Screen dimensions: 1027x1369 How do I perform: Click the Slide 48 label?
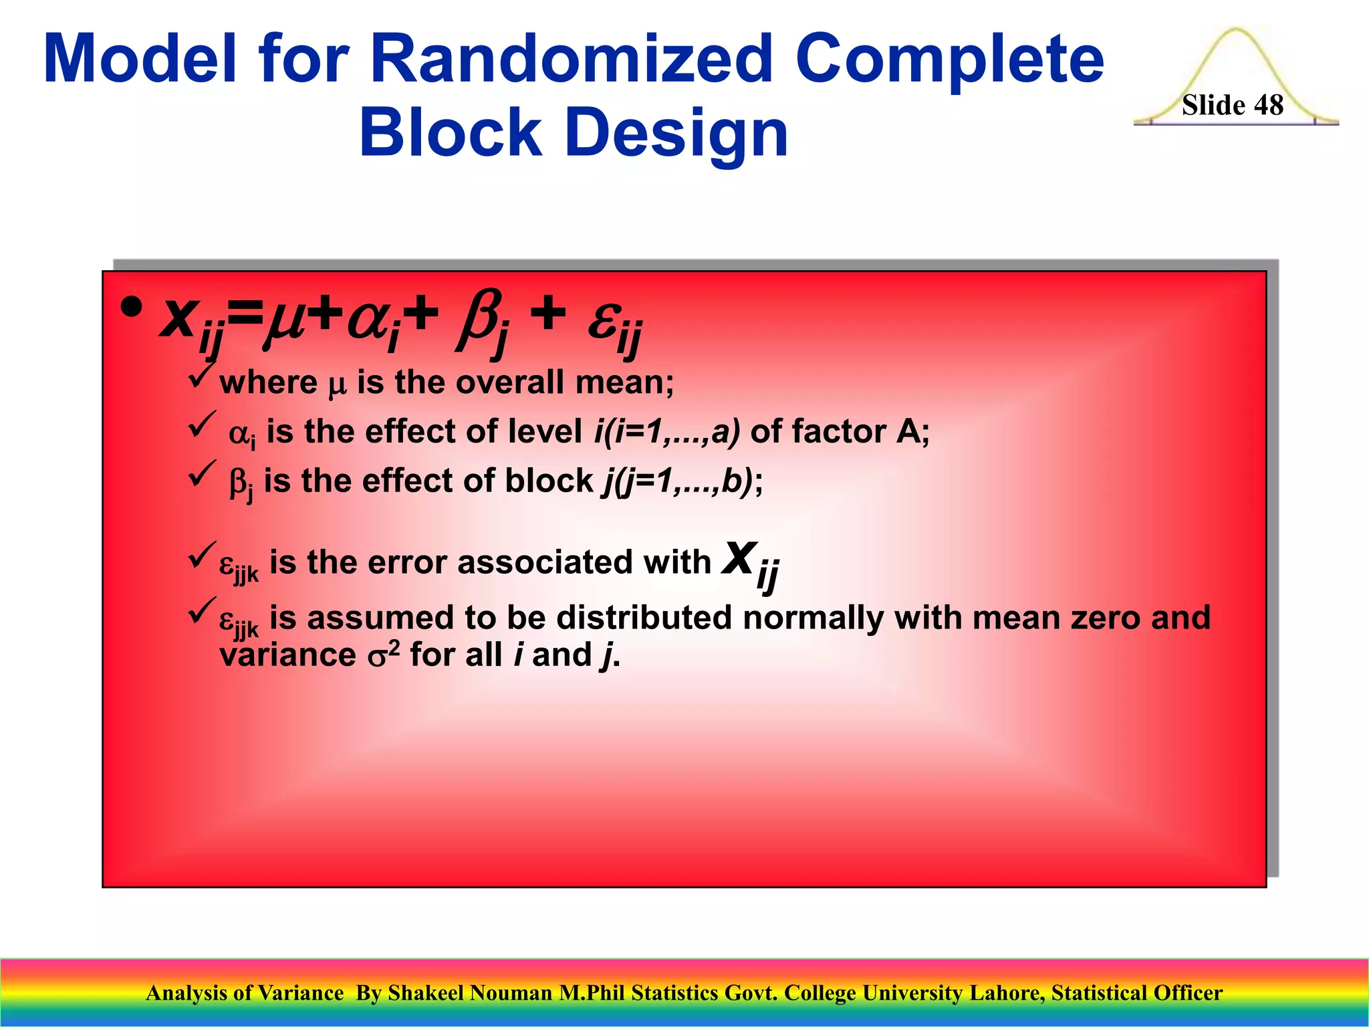coord(1232,105)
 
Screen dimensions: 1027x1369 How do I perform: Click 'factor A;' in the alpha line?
coord(840,431)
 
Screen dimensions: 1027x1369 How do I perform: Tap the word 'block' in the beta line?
coord(549,481)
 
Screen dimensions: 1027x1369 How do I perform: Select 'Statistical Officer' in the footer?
coord(1136,993)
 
